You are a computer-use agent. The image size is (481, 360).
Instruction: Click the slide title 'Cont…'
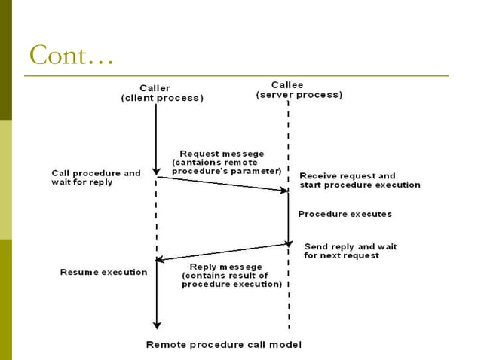coord(71,55)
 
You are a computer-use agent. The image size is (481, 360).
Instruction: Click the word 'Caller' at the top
coord(155,88)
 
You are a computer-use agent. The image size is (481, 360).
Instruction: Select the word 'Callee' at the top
coord(288,84)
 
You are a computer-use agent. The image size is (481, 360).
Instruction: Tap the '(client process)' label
coord(163,99)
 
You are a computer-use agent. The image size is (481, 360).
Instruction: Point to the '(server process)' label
coord(299,95)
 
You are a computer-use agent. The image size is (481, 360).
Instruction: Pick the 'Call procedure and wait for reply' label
coord(96,178)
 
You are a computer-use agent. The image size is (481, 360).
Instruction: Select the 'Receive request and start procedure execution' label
coord(360,181)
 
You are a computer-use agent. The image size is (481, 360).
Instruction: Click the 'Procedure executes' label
coord(345,214)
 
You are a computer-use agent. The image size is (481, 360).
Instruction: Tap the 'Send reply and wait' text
coord(351,246)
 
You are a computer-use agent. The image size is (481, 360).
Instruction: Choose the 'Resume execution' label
coord(103,272)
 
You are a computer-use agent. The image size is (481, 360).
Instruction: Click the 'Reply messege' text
coord(225,267)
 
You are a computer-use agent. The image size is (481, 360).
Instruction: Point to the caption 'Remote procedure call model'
coord(223,345)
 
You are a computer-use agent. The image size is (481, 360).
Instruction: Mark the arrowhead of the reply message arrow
coord(159,260)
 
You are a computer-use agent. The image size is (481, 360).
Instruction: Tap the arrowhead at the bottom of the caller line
coord(156,325)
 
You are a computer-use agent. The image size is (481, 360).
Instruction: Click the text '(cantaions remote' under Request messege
coord(215,163)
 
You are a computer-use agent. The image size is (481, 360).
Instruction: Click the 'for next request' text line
coord(342,256)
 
